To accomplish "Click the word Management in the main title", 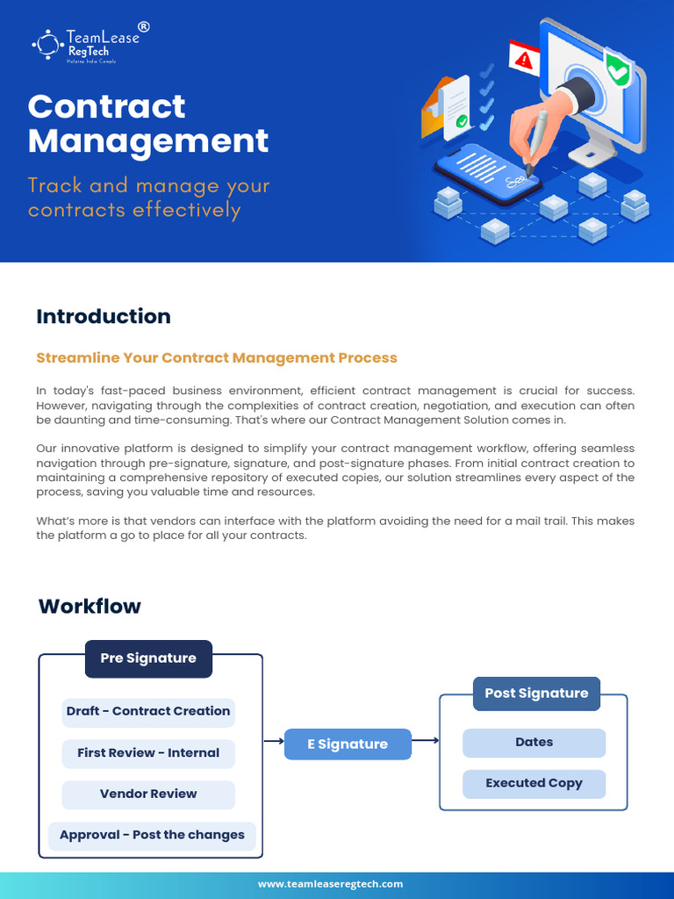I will pos(148,141).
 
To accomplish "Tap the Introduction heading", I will pos(104,316).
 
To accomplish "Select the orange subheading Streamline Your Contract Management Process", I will pos(217,358).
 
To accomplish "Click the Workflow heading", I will pos(90,607).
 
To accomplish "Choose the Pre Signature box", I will pos(148,658).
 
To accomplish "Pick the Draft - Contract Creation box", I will pos(148,711).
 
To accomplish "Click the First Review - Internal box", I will pos(148,752).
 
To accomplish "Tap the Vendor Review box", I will pos(148,794).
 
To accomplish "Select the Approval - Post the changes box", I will pos(152,835).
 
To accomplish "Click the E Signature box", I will pos(348,744).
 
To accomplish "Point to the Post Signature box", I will pos(536,694).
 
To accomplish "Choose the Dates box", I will pos(534,743).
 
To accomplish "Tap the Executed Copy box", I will pos(534,783).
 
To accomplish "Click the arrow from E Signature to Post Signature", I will pos(426,741).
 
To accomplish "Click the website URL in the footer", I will pos(330,884).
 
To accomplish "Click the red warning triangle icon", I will pos(525,61).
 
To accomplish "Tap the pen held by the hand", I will pos(535,140).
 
